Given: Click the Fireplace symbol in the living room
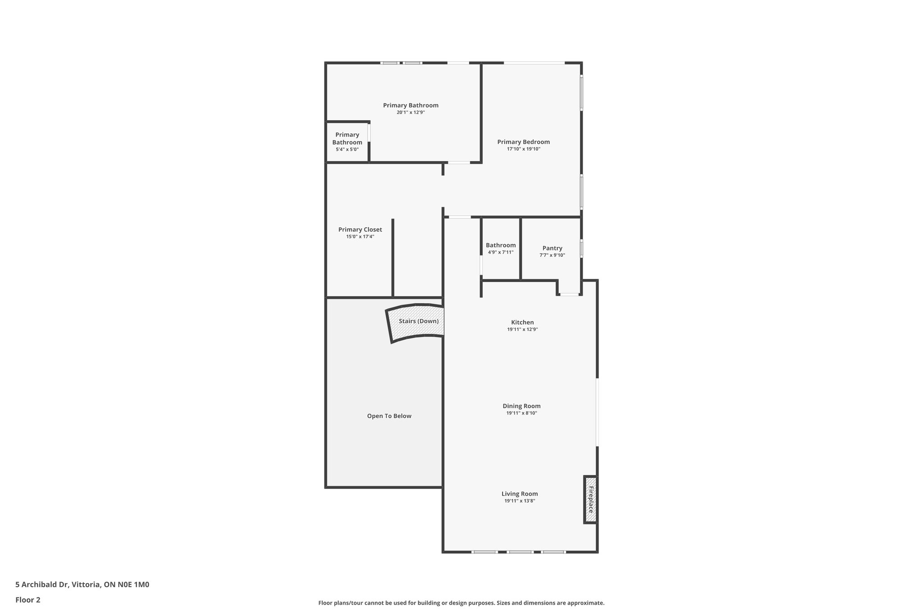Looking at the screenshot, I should coord(590,500).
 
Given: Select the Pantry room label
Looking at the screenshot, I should coord(552,248).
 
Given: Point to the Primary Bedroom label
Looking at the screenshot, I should coord(523,142).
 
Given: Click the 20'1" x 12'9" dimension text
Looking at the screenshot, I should coord(411,113).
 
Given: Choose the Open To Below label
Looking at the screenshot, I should coord(389,416).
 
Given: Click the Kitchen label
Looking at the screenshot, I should coord(522,322).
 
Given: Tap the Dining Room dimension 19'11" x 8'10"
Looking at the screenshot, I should coord(521,413).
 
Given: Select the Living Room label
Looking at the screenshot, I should coord(520,494).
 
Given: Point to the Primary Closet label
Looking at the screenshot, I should coord(360,230).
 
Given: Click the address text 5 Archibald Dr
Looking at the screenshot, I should coord(82,585).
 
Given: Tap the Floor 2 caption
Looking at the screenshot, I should coord(28,600).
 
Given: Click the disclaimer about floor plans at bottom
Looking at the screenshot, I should coord(461,603).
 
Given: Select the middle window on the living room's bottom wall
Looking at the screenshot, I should coord(520,551).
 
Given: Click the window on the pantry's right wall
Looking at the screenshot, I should coord(581,249).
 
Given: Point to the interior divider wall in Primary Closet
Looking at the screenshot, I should coord(393,258).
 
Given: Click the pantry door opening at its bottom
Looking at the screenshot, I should coord(569,295).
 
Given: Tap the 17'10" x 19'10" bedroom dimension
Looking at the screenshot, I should coord(523,149).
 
